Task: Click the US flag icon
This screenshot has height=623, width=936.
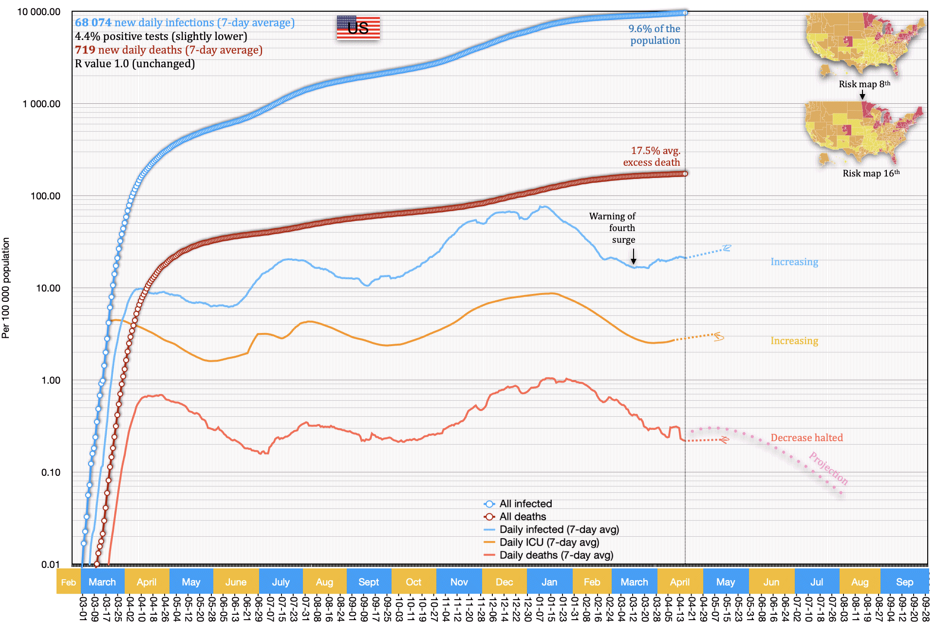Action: [x=358, y=27]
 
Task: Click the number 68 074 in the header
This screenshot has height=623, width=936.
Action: [x=93, y=22]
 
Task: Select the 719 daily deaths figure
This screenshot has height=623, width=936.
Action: [x=85, y=50]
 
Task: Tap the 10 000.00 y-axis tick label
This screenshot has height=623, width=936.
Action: [x=39, y=12]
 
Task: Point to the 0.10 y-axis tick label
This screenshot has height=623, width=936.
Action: [x=51, y=472]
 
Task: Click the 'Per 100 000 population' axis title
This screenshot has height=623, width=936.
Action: [x=6, y=288]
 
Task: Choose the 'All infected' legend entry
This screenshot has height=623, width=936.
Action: [x=525, y=504]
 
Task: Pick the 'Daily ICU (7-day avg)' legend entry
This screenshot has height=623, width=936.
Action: [x=549, y=542]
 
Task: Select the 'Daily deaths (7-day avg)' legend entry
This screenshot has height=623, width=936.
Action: [x=556, y=555]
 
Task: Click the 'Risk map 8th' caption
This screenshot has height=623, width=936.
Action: [x=864, y=84]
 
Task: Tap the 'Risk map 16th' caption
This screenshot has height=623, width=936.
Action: [x=871, y=173]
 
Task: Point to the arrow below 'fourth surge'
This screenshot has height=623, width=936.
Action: [x=634, y=256]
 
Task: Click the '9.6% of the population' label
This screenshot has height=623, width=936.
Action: [x=654, y=35]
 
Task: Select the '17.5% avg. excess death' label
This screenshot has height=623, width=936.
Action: [x=652, y=156]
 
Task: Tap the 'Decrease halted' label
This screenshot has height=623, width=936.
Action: [x=806, y=438]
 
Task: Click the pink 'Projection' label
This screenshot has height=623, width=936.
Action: [x=828, y=468]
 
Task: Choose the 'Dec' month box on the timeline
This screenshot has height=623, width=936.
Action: [x=504, y=582]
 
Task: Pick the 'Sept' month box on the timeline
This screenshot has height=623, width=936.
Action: [x=369, y=582]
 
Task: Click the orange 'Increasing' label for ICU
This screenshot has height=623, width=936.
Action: [x=794, y=341]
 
